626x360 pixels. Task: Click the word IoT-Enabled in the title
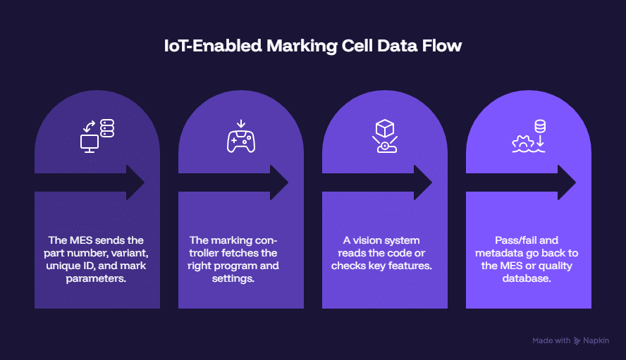(213, 46)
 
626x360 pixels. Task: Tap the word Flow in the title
(442, 46)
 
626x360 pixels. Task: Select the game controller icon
(241, 142)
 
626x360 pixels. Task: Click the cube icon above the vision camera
(385, 128)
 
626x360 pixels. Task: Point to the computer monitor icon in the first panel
(90, 144)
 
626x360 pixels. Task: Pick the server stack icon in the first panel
(107, 128)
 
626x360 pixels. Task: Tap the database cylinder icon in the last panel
(540, 126)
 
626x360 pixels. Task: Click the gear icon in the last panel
(523, 143)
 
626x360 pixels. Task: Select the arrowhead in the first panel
(136, 182)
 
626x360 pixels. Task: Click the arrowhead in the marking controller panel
(279, 182)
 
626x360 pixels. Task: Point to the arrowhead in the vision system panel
(423, 182)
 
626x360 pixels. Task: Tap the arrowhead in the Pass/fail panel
(567, 182)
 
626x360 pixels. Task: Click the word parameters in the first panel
(96, 278)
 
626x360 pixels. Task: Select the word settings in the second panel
(233, 278)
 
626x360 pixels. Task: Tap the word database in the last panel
(527, 278)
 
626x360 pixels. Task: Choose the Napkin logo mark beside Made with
(577, 341)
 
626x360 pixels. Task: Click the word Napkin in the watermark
(596, 341)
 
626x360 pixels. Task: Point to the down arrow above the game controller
(241, 124)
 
